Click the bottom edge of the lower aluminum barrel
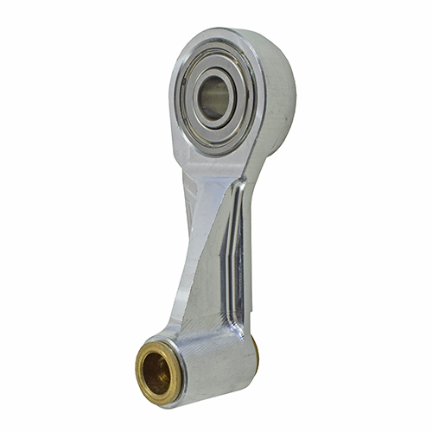(x=207, y=399)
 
